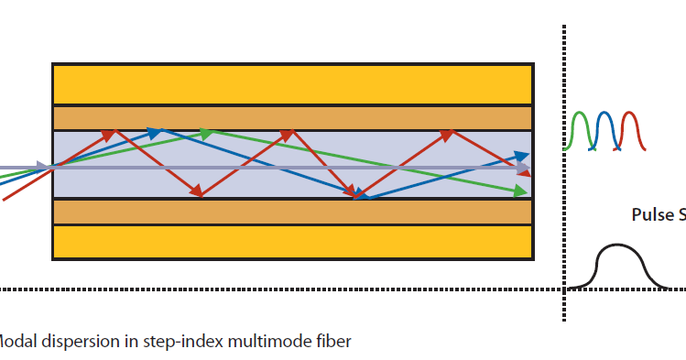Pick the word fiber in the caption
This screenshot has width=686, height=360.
pyautogui.click(x=331, y=342)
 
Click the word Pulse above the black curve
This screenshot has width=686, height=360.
pyautogui.click(x=651, y=215)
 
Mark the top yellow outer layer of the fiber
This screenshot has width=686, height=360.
pyautogui.click(x=292, y=84)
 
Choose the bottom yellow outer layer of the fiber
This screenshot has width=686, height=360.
pyautogui.click(x=292, y=242)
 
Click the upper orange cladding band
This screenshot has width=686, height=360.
pyautogui.click(x=292, y=118)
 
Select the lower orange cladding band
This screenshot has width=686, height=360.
pyautogui.click(x=292, y=211)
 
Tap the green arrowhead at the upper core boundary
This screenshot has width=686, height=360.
pyautogui.click(x=207, y=133)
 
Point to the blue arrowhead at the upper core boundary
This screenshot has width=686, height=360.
pyautogui.click(x=157, y=133)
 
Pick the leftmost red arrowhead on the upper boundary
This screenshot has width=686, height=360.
pyautogui.click(x=110, y=134)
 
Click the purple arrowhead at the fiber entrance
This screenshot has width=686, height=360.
pyautogui.click(x=42, y=168)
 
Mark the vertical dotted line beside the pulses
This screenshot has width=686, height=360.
pyautogui.click(x=562, y=174)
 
